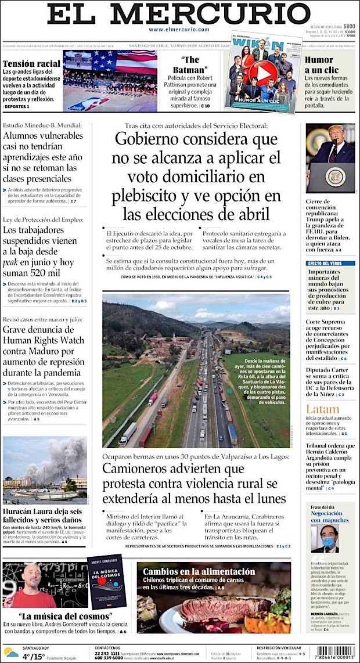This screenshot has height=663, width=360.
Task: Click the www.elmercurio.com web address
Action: [179, 29]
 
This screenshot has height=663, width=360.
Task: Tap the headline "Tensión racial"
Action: [31, 63]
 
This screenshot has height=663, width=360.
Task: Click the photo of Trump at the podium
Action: [330, 157]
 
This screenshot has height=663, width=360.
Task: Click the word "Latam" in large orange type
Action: [322, 409]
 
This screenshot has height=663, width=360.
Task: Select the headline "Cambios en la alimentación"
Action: [199, 571]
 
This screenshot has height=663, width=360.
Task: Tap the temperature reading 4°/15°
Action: [34, 657]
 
